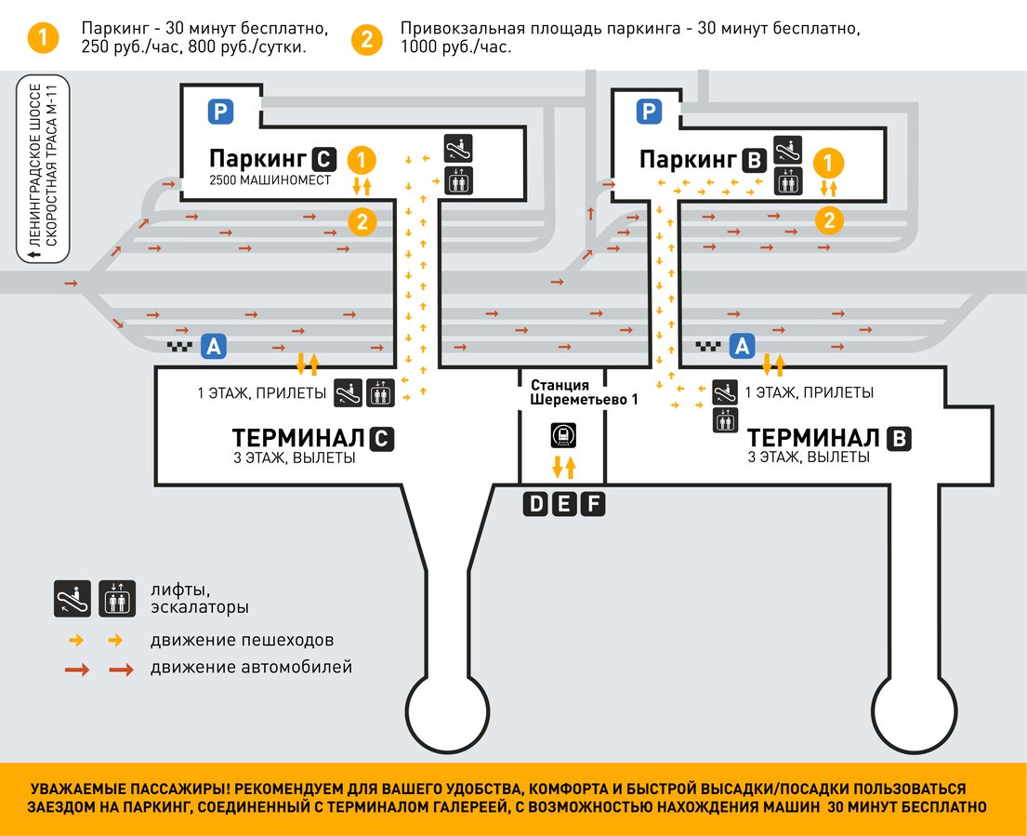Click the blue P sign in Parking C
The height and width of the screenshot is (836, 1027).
point(219,113)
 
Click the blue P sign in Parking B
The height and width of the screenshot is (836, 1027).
point(648,113)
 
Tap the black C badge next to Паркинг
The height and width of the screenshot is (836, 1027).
point(323,158)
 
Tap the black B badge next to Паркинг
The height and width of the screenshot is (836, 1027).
point(754,161)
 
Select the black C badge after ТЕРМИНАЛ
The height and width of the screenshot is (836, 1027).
point(381,439)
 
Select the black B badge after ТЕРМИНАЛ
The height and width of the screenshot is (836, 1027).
point(898,439)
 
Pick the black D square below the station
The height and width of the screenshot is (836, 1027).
point(535,505)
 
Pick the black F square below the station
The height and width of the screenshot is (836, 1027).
point(593,505)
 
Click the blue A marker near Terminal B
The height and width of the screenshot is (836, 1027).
point(741,347)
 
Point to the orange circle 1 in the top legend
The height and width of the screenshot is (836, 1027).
point(43,38)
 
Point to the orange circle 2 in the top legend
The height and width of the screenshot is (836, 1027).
point(367,38)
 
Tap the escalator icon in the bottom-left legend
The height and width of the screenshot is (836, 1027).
point(72,597)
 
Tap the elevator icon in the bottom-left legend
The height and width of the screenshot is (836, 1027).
point(117,597)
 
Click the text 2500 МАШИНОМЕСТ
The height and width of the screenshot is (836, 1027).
point(270,180)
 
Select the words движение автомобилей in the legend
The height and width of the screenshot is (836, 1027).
point(251,667)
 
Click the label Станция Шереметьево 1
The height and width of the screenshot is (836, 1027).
point(563,391)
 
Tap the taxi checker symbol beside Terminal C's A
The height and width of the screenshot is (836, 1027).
point(179,347)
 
